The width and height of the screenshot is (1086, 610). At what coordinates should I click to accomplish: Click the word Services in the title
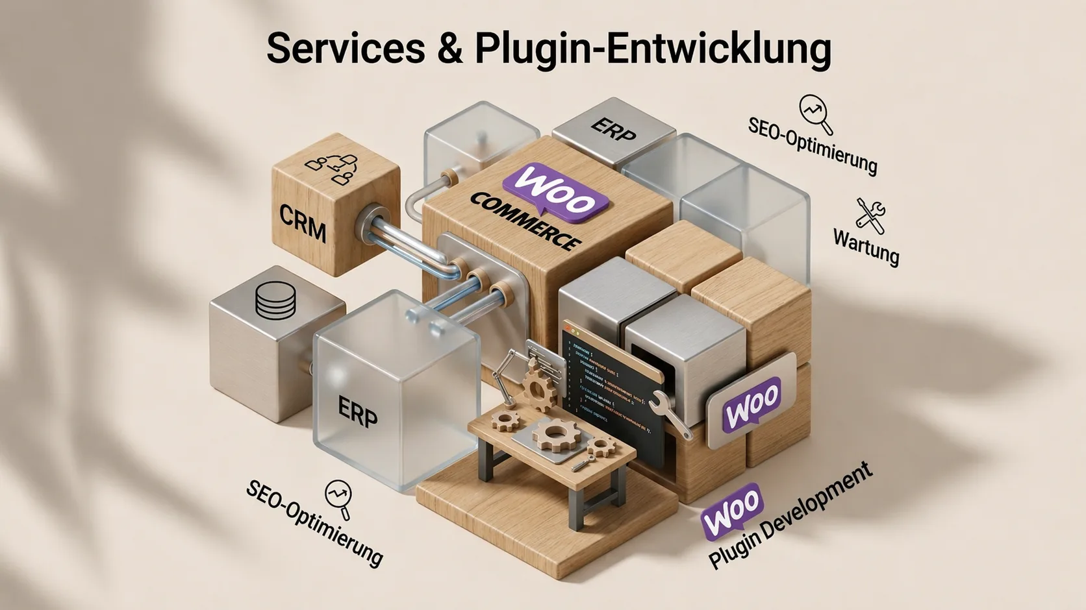345,48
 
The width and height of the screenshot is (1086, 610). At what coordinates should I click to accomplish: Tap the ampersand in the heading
450,49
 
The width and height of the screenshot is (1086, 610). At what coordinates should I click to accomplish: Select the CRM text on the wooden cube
303,221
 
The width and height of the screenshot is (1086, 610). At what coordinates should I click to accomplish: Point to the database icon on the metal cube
275,299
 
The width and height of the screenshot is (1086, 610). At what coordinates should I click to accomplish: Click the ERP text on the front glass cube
358,411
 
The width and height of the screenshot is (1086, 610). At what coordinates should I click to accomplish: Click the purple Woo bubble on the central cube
556,191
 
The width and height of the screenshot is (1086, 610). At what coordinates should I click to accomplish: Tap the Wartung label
866,247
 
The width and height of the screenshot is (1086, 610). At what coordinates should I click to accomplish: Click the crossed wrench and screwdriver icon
870,215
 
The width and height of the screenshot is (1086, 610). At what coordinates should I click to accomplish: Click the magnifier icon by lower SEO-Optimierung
338,498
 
